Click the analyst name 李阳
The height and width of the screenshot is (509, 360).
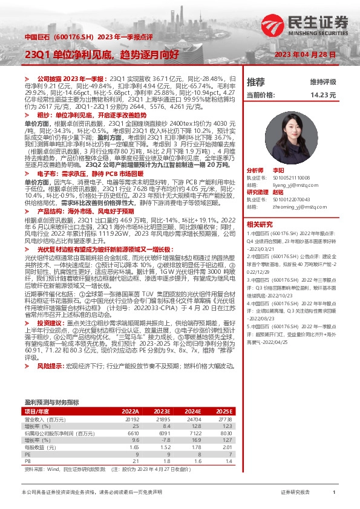point(295,172)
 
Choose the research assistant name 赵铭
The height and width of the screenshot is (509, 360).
point(295,192)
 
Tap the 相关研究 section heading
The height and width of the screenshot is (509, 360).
point(260,223)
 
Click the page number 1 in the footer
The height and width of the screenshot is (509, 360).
point(334,493)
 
